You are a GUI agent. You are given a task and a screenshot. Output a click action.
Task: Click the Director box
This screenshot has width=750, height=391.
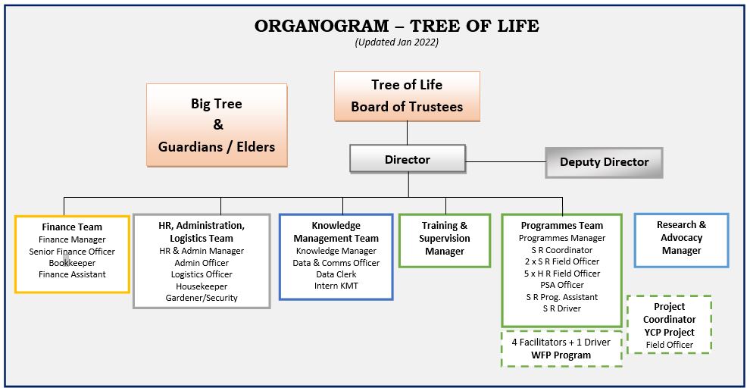[408, 159]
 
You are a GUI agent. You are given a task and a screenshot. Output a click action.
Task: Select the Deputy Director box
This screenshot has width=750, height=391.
[604, 162]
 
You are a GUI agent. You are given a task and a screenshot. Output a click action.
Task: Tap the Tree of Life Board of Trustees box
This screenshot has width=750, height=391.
[407, 96]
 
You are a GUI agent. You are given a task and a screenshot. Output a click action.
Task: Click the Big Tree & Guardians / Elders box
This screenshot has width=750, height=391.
[217, 125]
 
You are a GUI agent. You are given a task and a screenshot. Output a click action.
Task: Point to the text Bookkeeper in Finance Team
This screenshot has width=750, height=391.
[72, 263]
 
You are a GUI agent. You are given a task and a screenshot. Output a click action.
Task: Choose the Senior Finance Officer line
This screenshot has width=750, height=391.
[72, 252]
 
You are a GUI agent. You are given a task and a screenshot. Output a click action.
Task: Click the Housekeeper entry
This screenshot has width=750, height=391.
[202, 286]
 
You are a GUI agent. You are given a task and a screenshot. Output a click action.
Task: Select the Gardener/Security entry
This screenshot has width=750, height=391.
[202, 298]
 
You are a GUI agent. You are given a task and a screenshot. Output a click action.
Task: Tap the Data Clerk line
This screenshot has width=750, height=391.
[336, 274]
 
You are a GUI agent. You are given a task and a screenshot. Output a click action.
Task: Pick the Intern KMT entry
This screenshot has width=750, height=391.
[336, 286]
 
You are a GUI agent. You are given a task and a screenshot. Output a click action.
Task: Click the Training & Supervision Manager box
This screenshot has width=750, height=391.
[445, 240]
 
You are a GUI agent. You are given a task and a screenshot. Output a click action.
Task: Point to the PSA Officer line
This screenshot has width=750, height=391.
[562, 285]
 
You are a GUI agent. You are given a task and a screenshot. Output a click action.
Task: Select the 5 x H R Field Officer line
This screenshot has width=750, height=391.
[562, 274]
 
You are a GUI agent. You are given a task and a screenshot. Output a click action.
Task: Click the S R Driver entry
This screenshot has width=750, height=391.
[562, 308]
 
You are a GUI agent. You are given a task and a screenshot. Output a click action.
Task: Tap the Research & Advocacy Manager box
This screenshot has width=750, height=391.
[682, 239]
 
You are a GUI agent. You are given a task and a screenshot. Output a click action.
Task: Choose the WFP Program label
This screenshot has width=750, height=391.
[561, 355]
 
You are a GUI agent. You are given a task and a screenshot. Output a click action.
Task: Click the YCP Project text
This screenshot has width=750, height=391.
[669, 332]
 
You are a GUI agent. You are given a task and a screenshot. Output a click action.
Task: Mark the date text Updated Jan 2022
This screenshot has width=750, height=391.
[396, 42]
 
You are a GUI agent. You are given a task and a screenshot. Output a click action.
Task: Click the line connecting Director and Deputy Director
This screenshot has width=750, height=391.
[505, 161]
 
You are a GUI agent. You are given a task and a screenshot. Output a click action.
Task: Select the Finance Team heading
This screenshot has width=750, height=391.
[72, 227]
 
